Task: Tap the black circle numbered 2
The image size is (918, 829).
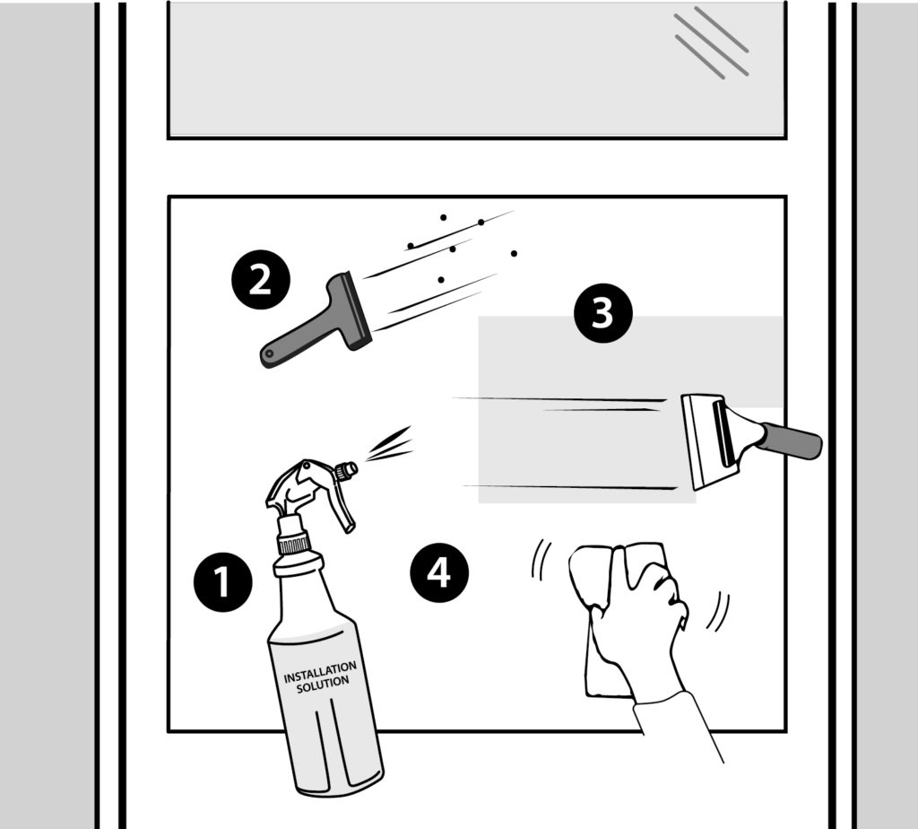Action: click(x=258, y=279)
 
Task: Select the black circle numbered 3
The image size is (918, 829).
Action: click(x=602, y=313)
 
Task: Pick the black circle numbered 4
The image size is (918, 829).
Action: click(x=438, y=572)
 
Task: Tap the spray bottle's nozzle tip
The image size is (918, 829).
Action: click(x=351, y=467)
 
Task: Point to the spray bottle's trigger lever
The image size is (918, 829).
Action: click(x=340, y=508)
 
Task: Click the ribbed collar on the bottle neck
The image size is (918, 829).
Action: click(x=293, y=542)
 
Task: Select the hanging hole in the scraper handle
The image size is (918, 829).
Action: click(x=268, y=358)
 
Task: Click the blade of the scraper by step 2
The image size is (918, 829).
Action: click(x=357, y=310)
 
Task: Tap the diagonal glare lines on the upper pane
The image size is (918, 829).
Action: click(x=711, y=42)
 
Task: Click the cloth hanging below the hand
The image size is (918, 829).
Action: click(x=603, y=664)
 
